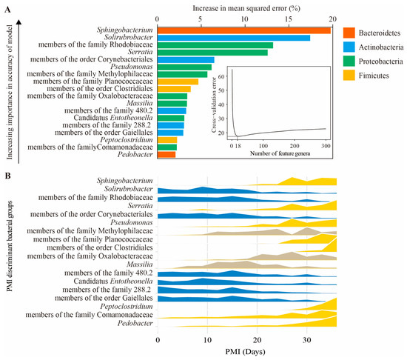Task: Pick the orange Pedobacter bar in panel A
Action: (x=166, y=154)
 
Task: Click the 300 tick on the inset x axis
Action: (x=326, y=147)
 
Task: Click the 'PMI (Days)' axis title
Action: (x=247, y=353)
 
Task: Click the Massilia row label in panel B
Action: (x=138, y=264)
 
